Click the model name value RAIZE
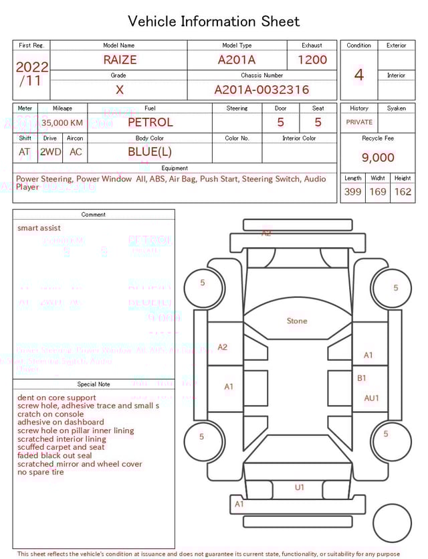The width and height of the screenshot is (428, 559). tap(120, 60)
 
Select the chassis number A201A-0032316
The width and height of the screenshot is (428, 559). tap(261, 90)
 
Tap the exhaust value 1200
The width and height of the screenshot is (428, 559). tap(312, 60)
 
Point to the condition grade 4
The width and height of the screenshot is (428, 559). tap(359, 75)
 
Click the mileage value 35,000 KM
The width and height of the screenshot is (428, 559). tap(62, 123)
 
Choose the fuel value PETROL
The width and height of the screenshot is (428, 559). tap(150, 122)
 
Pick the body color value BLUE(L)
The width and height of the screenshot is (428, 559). tap(150, 152)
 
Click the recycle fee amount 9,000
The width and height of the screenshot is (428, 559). tap(378, 158)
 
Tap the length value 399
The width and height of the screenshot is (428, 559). tap(352, 191)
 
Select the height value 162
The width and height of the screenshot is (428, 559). tap(403, 191)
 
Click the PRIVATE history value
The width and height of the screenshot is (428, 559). tap(359, 123)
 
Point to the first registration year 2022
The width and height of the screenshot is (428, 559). tap(32, 67)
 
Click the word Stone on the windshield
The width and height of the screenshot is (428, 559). tap(297, 321)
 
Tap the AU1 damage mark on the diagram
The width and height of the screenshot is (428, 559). tap(372, 398)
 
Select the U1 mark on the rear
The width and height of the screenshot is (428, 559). tap(300, 487)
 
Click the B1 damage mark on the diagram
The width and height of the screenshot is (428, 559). tap(362, 378)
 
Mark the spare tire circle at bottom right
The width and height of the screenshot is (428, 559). tap(393, 524)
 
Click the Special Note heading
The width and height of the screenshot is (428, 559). tap(94, 384)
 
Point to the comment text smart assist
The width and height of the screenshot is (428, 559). tap(39, 228)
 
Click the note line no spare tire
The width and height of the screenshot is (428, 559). tap(41, 472)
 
